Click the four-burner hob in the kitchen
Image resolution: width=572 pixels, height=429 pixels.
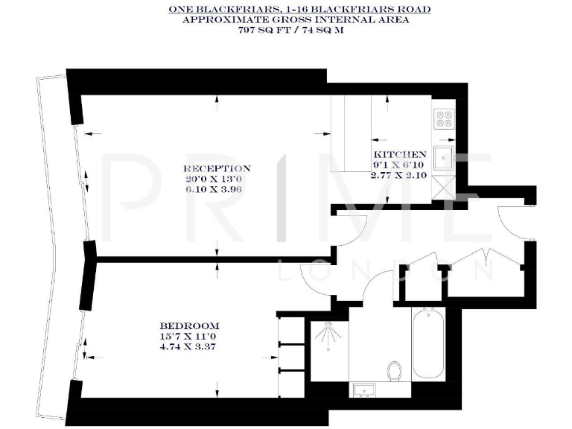pyautogui.click(x=445, y=119)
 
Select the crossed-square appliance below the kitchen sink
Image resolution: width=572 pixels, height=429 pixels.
pyautogui.click(x=447, y=186)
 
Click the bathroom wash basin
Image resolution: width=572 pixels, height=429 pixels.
pyautogui.click(x=367, y=390)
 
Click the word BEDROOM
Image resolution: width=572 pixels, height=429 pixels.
pyautogui.click(x=189, y=325)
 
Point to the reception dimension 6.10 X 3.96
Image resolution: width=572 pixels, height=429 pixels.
pyautogui.click(x=217, y=189)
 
